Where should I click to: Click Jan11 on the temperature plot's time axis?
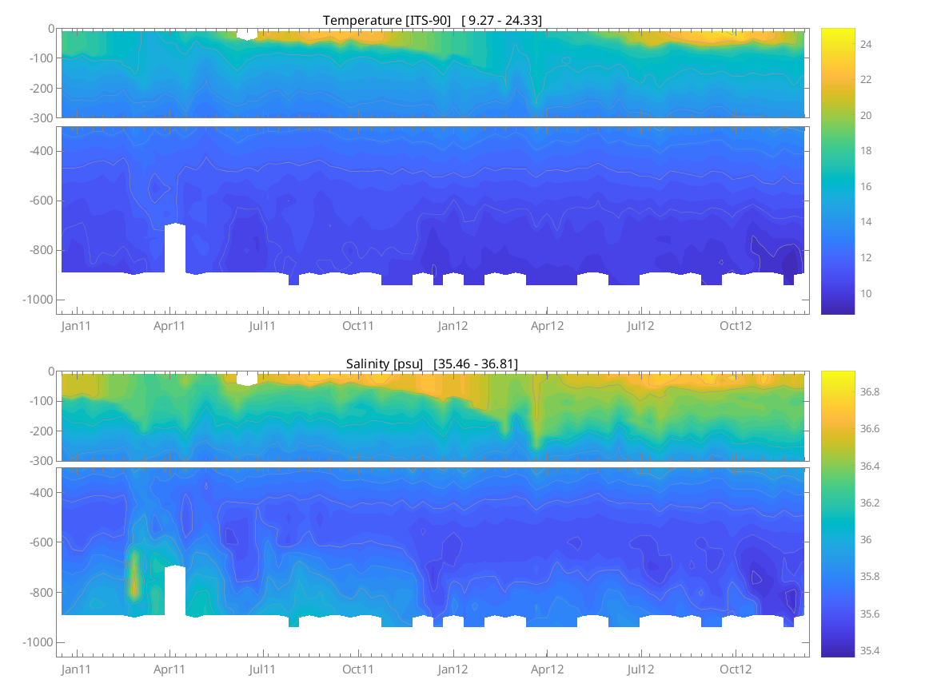[76, 326]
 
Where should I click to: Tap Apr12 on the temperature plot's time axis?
[548, 326]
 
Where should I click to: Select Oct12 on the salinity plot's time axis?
[736, 669]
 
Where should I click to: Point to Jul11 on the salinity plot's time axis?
[263, 669]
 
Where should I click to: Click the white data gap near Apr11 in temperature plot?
[175, 248]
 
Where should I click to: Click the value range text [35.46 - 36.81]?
[476, 363]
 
